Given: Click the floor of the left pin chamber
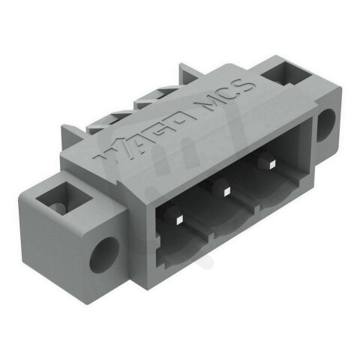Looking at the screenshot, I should click(180, 251).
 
